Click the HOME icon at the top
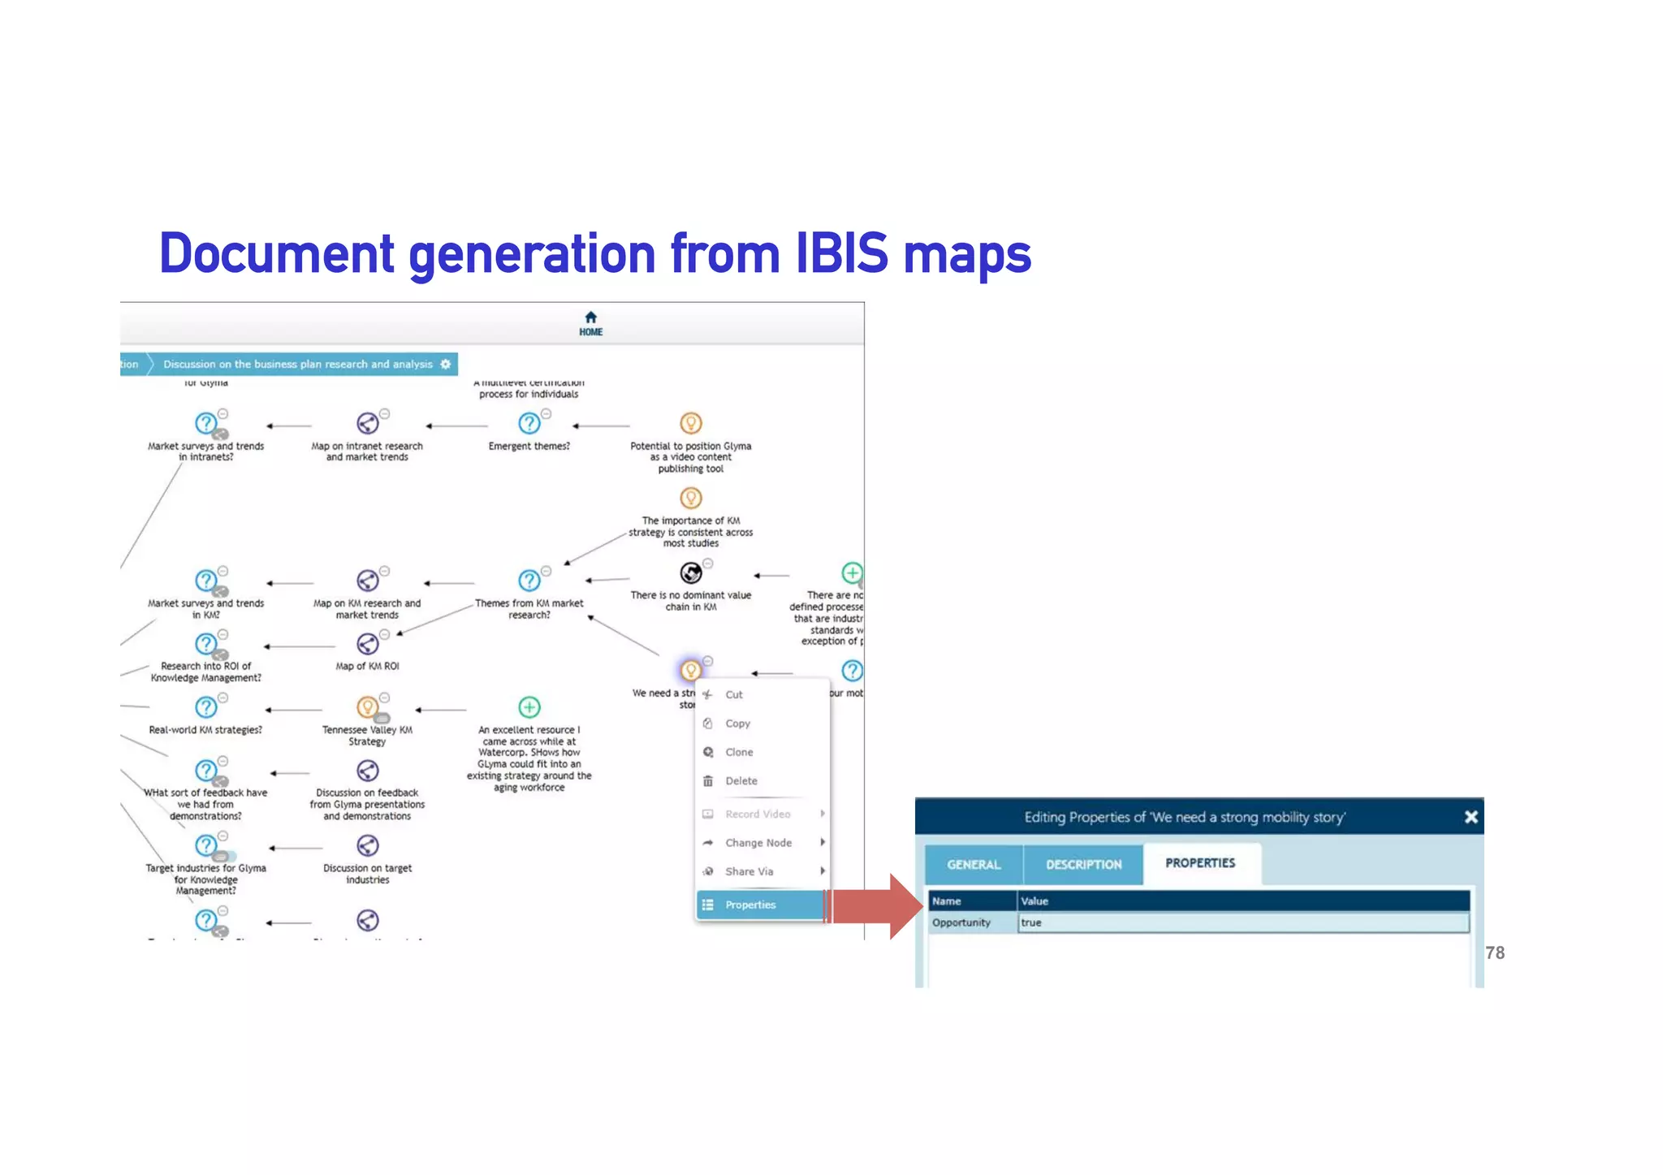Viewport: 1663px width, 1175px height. [590, 318]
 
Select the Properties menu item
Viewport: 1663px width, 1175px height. [750, 905]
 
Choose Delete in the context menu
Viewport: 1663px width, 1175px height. [741, 781]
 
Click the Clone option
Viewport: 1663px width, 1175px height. [739, 752]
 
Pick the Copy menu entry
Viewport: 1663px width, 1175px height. [737, 724]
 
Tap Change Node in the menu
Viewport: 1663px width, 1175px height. [758, 843]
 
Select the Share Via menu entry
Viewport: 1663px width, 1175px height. [749, 871]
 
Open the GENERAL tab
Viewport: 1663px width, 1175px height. [974, 864]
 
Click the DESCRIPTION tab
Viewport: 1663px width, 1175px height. [1083, 864]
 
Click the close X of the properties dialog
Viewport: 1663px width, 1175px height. [1471, 817]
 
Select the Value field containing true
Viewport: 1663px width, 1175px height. [1242, 922]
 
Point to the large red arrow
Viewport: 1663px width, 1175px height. [878, 906]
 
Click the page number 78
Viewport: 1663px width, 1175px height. [1495, 953]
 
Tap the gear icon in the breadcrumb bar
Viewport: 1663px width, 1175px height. [445, 364]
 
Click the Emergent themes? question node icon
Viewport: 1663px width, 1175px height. [529, 423]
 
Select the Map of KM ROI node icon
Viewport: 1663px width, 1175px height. [367, 644]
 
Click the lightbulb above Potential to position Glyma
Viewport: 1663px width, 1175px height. [690, 423]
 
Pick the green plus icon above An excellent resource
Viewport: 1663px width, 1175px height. [529, 707]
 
